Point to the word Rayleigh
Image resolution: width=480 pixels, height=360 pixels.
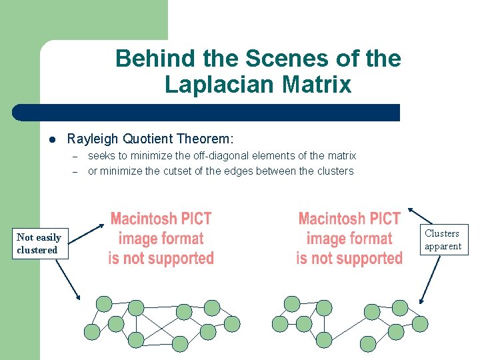point(92,139)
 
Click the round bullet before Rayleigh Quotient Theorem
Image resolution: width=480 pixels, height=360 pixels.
point(51,139)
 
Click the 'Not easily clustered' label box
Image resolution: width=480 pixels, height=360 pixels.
point(39,243)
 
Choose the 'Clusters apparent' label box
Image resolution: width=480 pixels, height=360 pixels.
point(443,240)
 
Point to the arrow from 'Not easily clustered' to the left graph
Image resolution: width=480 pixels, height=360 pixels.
point(68,278)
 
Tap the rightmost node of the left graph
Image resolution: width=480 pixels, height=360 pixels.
point(231,324)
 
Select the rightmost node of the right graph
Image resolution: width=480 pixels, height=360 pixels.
point(419,324)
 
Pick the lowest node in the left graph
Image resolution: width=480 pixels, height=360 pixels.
point(180,343)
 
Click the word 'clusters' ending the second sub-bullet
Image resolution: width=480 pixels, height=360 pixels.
point(336,171)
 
